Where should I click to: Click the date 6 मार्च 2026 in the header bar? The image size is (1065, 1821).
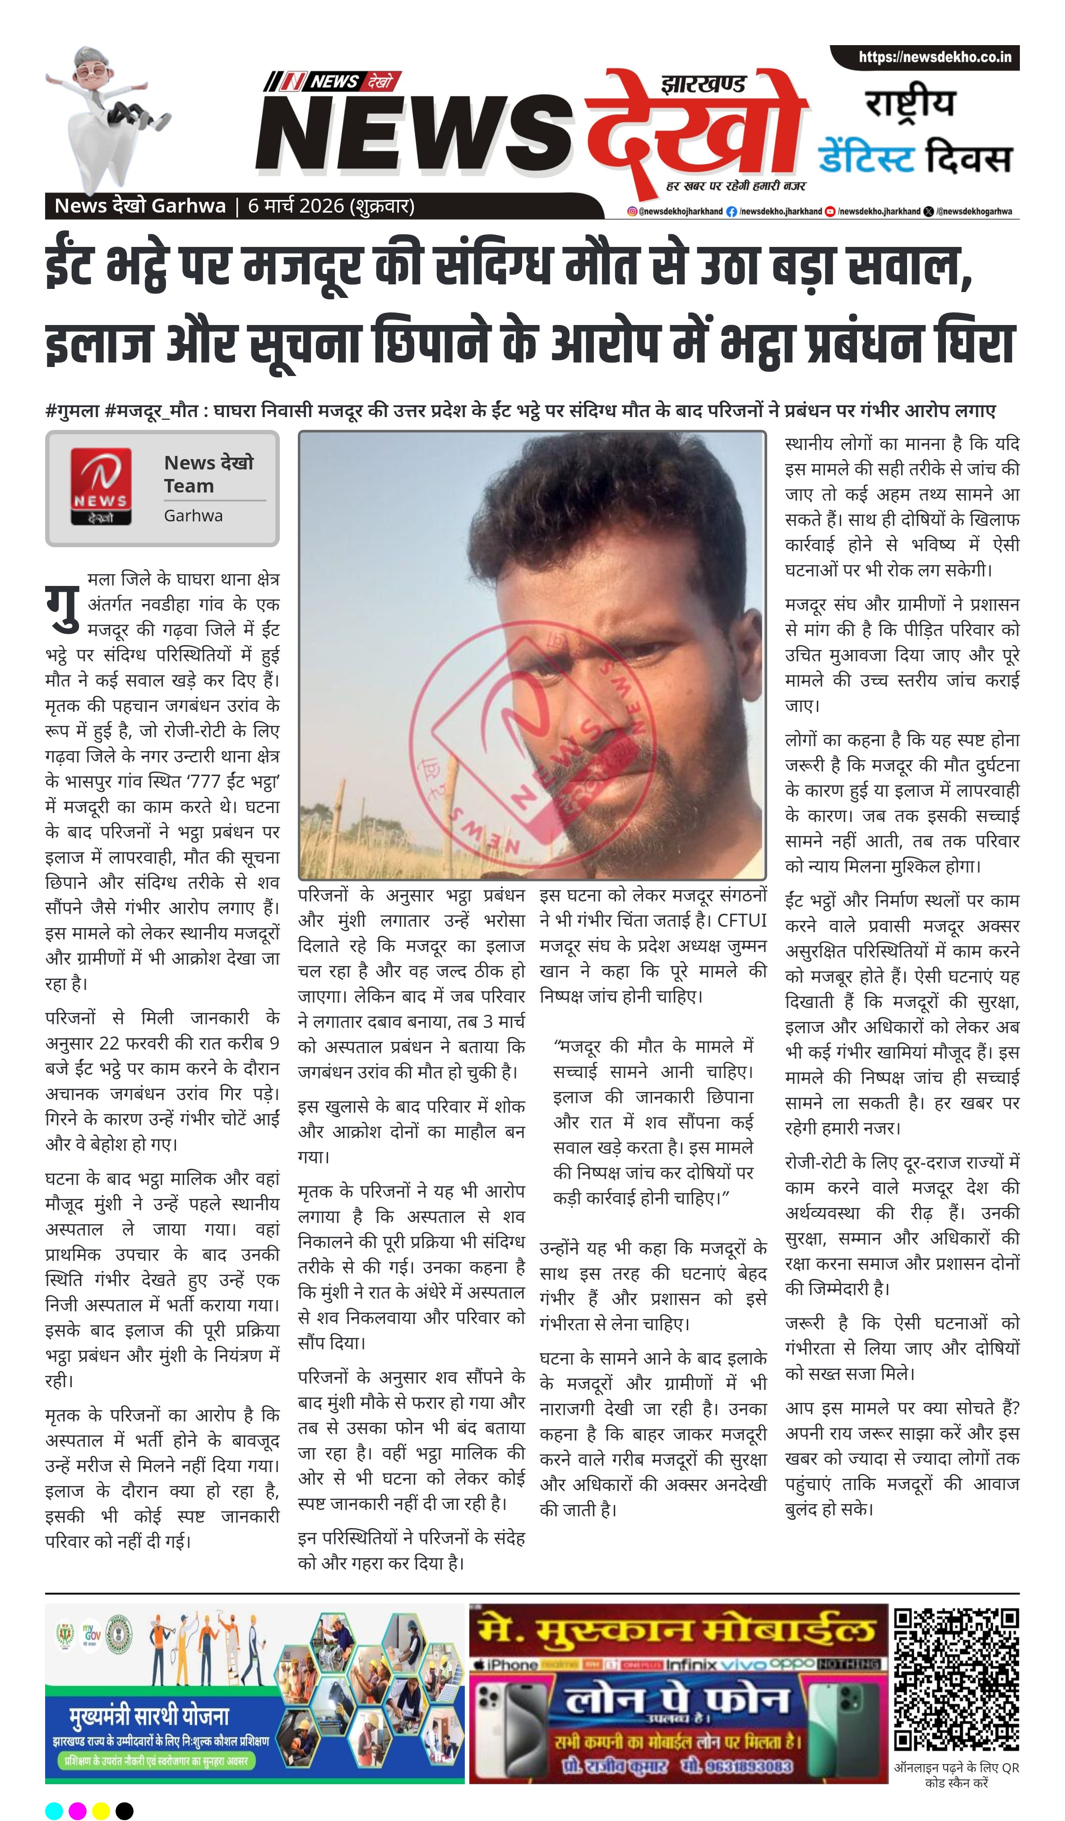[296, 206]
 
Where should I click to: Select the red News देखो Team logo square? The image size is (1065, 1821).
[101, 486]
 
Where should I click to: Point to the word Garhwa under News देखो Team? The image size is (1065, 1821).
[193, 516]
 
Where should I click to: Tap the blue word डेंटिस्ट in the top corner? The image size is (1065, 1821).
[866, 158]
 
